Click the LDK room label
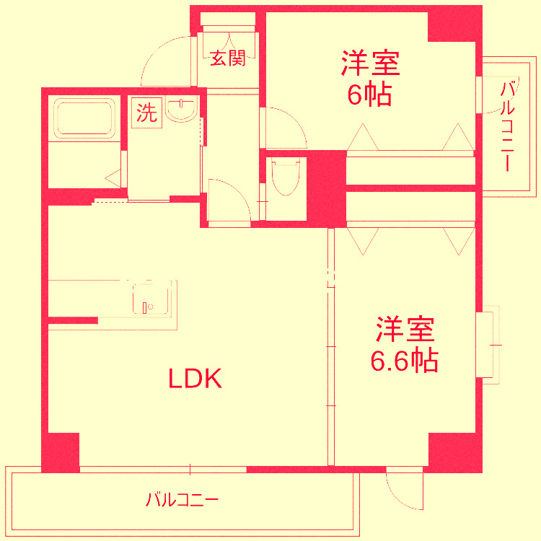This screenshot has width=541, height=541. tap(194, 378)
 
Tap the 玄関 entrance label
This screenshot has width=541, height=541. tap(227, 58)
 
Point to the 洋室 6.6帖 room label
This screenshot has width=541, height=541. tap(404, 344)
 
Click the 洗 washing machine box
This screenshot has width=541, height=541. tap(147, 113)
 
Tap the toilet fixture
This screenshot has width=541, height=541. tap(286, 177)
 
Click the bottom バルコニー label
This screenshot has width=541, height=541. tap(181, 499)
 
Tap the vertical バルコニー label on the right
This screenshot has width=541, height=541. tap(508, 127)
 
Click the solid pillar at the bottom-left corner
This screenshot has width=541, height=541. tap(61, 452)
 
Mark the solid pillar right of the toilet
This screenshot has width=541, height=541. tap(326, 188)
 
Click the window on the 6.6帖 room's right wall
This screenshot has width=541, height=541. tap(487, 345)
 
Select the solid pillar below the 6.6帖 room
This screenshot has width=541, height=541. tap(454, 452)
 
